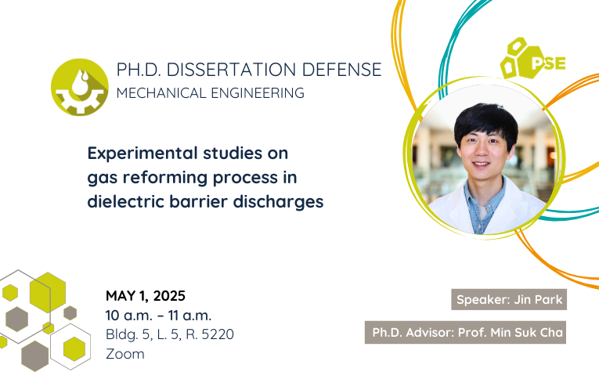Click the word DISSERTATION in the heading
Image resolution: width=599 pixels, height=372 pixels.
tap(231, 70)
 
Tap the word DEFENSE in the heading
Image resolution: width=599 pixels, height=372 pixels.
tap(342, 70)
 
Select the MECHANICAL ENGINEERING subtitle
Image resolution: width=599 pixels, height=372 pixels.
tap(211, 93)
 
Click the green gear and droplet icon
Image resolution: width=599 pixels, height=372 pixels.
tap(79, 87)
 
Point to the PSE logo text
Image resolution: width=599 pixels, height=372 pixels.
tap(549, 63)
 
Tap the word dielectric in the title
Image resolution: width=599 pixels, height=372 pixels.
tap(125, 201)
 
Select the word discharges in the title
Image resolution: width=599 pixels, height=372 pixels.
tap(278, 202)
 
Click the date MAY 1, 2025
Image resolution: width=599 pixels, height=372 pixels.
tap(146, 296)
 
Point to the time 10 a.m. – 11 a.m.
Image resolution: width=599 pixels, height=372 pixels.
tap(158, 316)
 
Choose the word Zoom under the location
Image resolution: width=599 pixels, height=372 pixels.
tap(125, 354)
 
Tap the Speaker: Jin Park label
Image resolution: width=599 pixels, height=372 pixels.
tap(509, 299)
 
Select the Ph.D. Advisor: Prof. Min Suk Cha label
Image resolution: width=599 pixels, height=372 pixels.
tap(465, 332)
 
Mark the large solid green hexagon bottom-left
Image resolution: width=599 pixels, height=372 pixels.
tap(48, 292)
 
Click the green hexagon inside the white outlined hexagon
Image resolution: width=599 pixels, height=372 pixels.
tap(74, 349)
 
